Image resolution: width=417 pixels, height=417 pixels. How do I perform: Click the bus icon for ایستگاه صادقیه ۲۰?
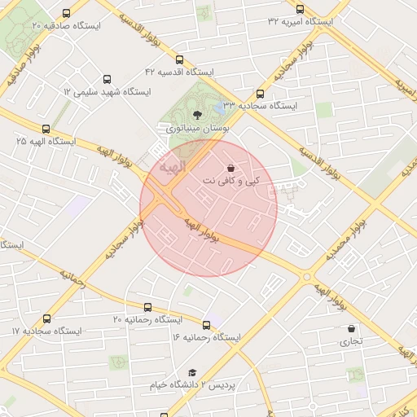pos(65,13)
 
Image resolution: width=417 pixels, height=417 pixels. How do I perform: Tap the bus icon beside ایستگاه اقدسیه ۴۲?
pos(180,59)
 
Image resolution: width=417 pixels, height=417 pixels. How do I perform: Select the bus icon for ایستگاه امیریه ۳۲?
pos(300,9)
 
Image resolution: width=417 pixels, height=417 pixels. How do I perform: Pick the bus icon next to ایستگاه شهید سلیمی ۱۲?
pos(67,81)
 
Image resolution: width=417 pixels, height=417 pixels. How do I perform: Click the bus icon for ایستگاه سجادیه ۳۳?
pos(260,94)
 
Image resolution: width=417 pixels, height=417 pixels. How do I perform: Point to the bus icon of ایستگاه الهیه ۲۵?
pos(46,129)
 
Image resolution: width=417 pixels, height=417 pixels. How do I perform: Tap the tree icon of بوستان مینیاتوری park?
pos(197,115)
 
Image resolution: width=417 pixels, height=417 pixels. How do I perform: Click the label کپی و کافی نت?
pos(243,180)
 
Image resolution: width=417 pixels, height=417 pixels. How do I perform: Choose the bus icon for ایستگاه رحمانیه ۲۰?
pos(147,307)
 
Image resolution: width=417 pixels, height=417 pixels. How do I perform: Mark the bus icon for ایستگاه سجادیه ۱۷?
pos(46,319)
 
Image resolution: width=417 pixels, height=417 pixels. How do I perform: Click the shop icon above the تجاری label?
pos(351,329)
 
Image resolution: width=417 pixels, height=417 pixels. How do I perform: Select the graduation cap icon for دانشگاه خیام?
pos(191,371)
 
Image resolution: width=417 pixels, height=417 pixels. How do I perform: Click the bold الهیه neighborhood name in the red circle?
pos(172,167)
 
